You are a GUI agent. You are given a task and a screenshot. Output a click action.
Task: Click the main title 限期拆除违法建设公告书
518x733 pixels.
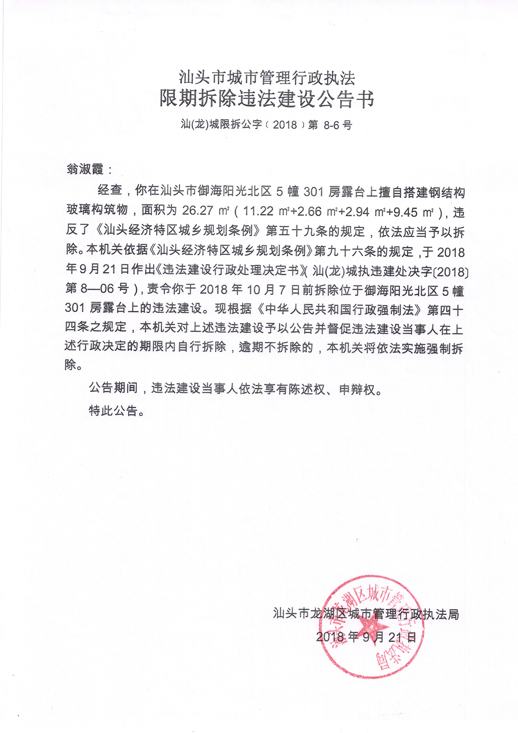point(267,99)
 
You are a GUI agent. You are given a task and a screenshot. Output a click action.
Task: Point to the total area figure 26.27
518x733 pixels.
point(198,211)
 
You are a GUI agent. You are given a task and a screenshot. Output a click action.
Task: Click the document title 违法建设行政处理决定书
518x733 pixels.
point(230,271)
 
